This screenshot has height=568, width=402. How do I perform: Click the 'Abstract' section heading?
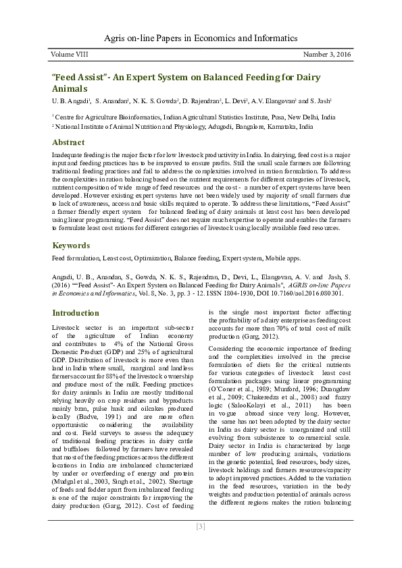click(x=68, y=142)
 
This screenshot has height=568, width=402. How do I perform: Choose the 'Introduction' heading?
click(x=76, y=313)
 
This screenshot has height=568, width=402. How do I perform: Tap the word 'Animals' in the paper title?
click(x=70, y=88)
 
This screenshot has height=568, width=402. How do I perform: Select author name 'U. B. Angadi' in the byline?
click(x=69, y=101)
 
